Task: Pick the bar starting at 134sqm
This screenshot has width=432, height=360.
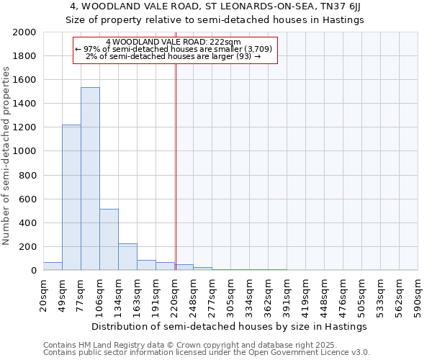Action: pyautogui.click(x=127, y=256)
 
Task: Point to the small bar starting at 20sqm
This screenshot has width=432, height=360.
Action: pyautogui.click(x=53, y=266)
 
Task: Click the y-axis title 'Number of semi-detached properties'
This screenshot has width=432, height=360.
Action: pyautogui.click(x=6, y=156)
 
